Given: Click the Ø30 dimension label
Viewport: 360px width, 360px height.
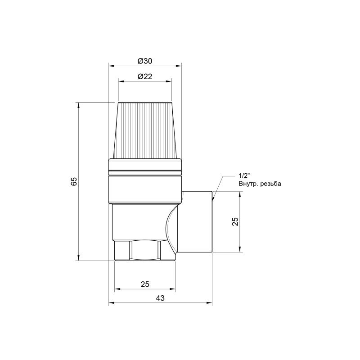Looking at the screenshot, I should tap(145, 61).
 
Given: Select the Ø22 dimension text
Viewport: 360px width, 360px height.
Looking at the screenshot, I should tap(145, 76).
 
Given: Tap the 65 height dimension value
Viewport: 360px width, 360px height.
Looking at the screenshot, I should tap(75, 181).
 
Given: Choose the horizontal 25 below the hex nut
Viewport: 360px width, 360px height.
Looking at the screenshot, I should tap(144, 284).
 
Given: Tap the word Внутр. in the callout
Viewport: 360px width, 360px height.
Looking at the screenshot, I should tap(249, 184).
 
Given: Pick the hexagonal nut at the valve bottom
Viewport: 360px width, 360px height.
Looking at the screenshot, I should tap(144, 252).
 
